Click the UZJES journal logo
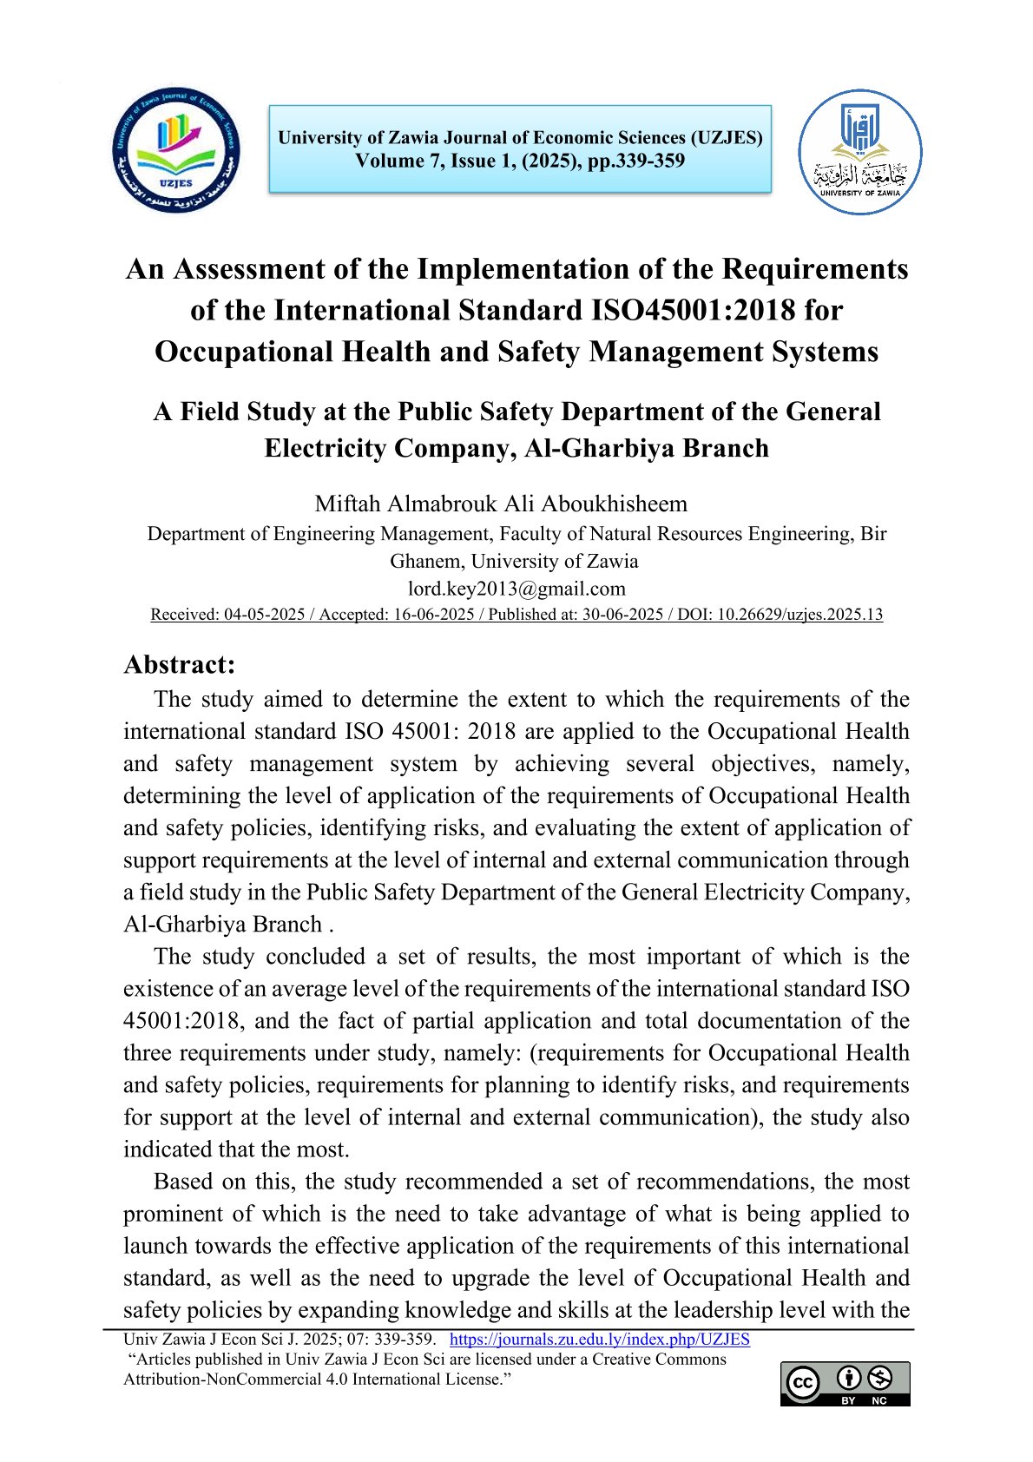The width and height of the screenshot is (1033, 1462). pos(176,150)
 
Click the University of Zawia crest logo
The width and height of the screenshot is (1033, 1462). pos(859,153)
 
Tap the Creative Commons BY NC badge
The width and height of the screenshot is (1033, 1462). pos(845,1383)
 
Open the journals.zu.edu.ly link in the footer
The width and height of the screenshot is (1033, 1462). pos(599,1339)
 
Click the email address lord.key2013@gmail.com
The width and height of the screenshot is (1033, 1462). pos(516,589)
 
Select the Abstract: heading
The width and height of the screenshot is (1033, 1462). pos(180,664)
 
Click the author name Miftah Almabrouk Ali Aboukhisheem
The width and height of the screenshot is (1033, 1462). pos(501,504)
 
